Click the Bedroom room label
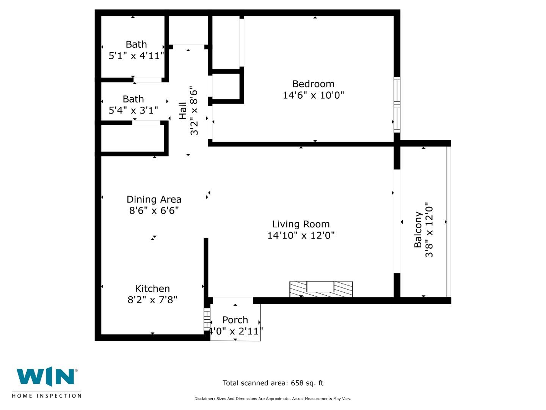[313, 84]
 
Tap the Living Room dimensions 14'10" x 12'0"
[301, 235]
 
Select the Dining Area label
[154, 199]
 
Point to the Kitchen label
[152, 289]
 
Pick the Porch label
[235, 320]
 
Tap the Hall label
[183, 110]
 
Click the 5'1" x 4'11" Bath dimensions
[136, 56]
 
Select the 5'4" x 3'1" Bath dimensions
[133, 110]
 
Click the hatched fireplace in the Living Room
[321, 289]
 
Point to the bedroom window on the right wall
[397, 105]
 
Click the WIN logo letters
[45, 377]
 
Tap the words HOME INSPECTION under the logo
[47, 396]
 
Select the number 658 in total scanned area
[297, 383]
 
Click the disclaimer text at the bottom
[273, 399]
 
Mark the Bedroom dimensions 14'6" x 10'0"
[313, 95]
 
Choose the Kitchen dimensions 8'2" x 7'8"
[152, 300]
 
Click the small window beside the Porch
[207, 319]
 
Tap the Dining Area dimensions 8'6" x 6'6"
[154, 210]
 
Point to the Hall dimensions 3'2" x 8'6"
[194, 110]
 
